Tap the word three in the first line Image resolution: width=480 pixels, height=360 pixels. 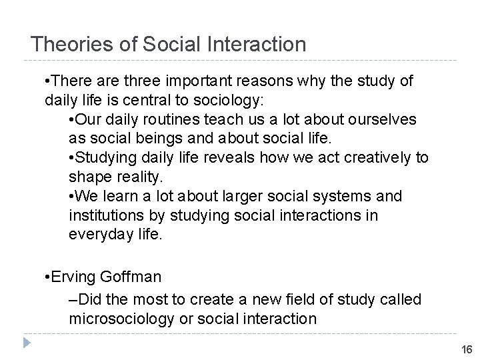click(132, 82)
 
